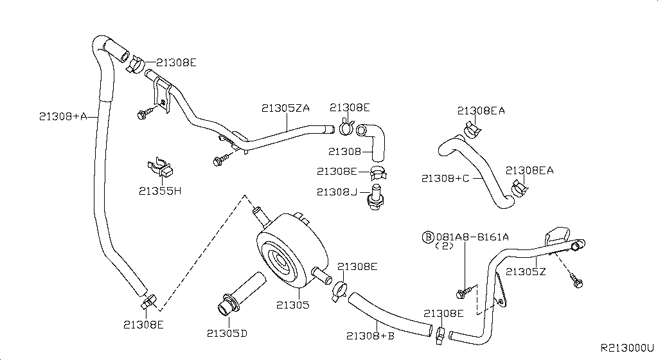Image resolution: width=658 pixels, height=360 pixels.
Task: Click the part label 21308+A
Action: click(62, 116)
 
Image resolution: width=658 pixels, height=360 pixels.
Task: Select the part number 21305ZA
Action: click(285, 108)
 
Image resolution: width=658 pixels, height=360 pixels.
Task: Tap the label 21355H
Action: click(160, 191)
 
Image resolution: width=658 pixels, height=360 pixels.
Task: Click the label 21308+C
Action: click(445, 178)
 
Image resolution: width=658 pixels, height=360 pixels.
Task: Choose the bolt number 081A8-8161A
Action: click(473, 237)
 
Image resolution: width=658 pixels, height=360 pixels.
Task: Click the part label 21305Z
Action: click(526, 271)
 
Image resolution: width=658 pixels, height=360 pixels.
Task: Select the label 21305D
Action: click(227, 333)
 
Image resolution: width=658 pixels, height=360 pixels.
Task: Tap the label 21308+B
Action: click(370, 335)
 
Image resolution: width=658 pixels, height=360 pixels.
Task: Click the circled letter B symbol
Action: click(427, 237)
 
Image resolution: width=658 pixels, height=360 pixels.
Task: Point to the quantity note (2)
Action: click(445, 246)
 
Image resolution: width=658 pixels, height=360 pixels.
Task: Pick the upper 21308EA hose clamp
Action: click(471, 130)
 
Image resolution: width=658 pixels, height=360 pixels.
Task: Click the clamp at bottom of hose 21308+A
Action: click(148, 301)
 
